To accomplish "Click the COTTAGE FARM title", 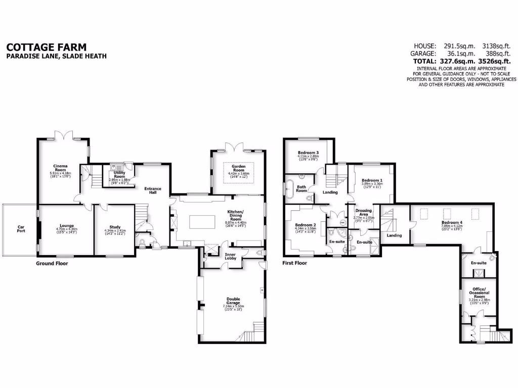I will coord(38,46).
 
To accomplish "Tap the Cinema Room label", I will coord(60,168).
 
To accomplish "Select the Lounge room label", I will coord(66,226).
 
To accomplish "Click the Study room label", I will coord(115,227).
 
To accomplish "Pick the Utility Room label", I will coord(119,173).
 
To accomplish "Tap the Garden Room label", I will coord(238,168).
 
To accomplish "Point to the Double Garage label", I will coord(233,300).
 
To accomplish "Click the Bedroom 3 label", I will coord(308,153).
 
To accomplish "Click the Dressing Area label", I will coord(364,212).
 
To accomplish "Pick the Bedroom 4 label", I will coord(451,222).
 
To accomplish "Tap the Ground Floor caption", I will coord(52,263).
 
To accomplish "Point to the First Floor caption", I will coord(295,263).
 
